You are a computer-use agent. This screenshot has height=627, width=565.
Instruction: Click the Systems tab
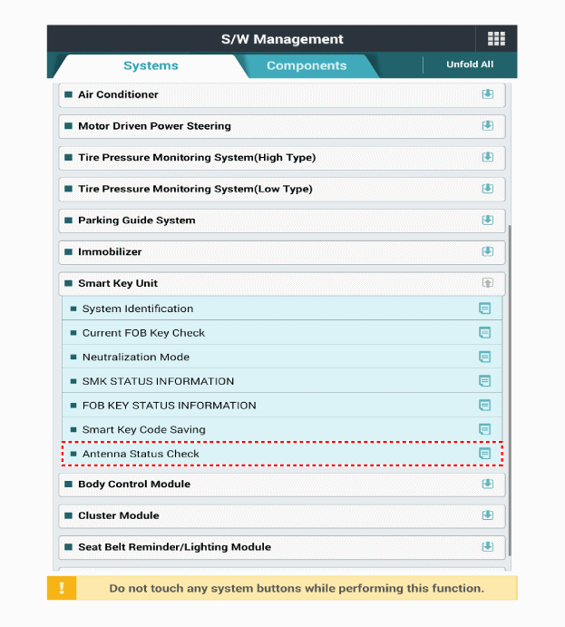coord(151,65)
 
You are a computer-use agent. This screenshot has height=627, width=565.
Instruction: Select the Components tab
coord(307,65)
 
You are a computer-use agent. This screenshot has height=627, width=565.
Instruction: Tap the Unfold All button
coord(470,65)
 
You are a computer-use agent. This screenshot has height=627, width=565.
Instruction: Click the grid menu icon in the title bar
coord(496,38)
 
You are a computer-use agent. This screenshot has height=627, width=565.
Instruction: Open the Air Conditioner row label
coord(118,94)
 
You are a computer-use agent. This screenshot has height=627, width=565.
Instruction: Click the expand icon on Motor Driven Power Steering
coord(487,126)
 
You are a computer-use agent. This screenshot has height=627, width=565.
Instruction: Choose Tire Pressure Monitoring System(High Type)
coord(197,158)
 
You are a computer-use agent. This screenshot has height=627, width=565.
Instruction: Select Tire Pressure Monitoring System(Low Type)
coord(195,189)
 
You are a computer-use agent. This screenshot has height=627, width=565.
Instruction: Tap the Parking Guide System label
coord(136,220)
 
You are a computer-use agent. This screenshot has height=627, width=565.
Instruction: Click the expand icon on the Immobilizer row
coord(487,251)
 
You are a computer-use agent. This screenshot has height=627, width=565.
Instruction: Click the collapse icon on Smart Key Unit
coord(487,283)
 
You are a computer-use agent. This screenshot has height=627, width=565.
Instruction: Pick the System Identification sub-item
coord(137,309)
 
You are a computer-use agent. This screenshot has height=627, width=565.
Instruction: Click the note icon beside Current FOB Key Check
coord(484,333)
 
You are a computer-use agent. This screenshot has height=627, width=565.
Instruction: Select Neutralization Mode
coord(136,358)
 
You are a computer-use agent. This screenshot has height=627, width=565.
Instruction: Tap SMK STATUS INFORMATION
coord(158,381)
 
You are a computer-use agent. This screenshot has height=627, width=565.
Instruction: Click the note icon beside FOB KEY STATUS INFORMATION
coord(484,406)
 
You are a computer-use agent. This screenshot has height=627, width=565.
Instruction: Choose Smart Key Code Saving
coord(143,429)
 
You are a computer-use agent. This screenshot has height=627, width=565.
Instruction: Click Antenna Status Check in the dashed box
coord(141,454)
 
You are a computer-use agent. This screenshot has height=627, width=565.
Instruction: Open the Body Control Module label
coord(133,485)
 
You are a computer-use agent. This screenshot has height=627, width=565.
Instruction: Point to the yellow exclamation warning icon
coord(62,588)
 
